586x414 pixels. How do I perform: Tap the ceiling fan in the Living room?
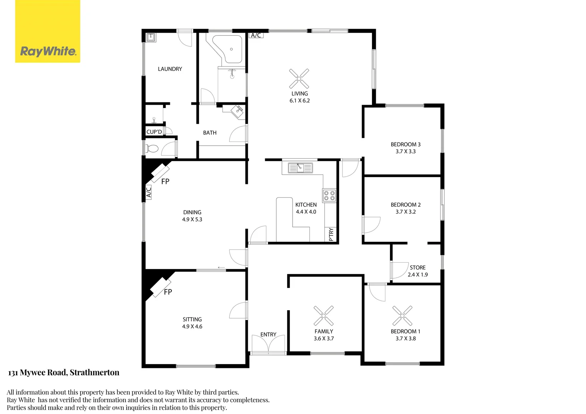pos(299,79)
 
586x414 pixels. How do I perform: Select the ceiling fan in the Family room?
pos(324,316)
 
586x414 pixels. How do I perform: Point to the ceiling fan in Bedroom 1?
pos(402,316)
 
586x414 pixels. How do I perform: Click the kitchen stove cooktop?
pos(329,195)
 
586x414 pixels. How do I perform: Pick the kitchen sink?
pos(300,168)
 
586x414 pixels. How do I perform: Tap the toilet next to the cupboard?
pos(153,148)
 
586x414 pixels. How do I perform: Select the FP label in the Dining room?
pos(165,182)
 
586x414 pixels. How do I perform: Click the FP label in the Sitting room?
pos(168,292)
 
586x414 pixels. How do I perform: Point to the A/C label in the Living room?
pos(256,35)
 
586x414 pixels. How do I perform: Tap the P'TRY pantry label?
pos(331,235)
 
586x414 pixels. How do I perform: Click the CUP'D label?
pos(154,132)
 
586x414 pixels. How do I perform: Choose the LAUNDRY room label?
pos(170,69)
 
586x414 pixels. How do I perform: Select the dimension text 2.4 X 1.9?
pos(418,275)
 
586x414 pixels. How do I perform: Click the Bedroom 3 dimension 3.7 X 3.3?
pos(406,151)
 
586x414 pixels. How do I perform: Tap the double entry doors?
pos(268,344)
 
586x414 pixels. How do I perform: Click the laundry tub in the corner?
pos(151,37)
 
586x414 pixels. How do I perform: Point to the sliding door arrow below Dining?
pos(221,268)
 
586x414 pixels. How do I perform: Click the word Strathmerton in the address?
pos(94,373)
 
